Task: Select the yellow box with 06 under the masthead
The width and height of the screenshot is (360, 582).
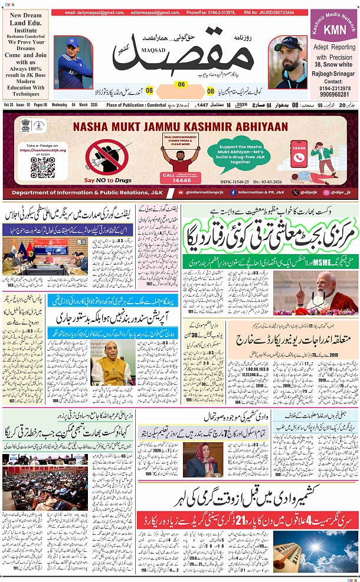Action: coord(182,84)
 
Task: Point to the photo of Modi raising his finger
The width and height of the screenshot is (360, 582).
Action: coord(315,292)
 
